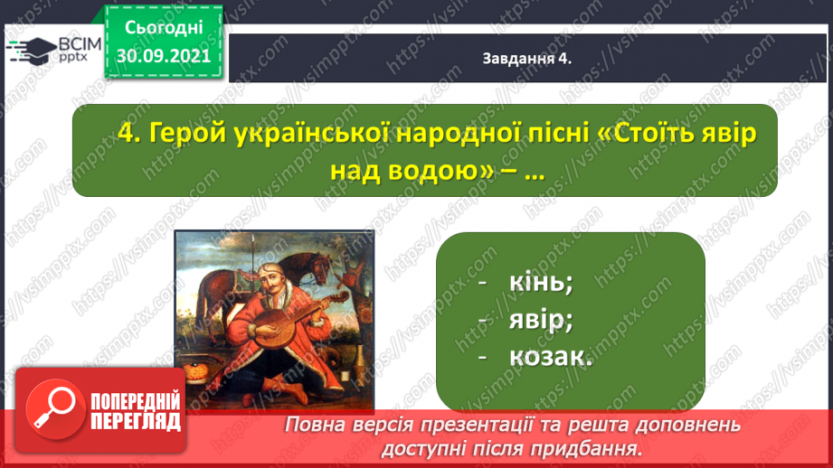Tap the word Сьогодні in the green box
[x=164, y=28]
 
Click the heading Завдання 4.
[x=527, y=59]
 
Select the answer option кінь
[x=541, y=282]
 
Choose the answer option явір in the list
[x=541, y=320]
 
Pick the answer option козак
[x=551, y=357]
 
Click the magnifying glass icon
[x=55, y=409]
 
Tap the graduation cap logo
[x=32, y=51]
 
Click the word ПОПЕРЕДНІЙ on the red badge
[x=136, y=401]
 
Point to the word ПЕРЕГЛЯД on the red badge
[x=136, y=421]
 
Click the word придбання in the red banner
[x=585, y=449]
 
